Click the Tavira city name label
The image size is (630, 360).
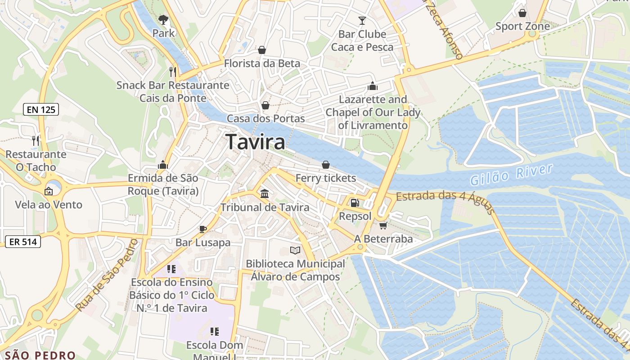[x=255, y=142]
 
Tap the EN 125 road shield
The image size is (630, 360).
[x=41, y=109]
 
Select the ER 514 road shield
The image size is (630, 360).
[x=23, y=242]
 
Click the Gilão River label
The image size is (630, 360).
[x=511, y=175]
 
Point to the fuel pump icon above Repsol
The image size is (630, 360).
[x=355, y=203]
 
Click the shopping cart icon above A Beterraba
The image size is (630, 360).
[x=383, y=225]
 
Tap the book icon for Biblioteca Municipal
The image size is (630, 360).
[x=295, y=250]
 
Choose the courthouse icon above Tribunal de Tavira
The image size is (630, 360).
[x=265, y=193]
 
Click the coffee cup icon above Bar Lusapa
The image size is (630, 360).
[x=203, y=229]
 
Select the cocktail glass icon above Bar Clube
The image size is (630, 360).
[x=362, y=20]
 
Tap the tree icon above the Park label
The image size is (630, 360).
[x=163, y=19]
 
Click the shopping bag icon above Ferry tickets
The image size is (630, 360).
[x=325, y=165]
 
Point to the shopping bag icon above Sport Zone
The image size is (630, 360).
[x=522, y=13]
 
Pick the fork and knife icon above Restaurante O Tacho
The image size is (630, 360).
[x=36, y=141]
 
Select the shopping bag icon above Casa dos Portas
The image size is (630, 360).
[x=265, y=105]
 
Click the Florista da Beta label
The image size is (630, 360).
[x=261, y=63]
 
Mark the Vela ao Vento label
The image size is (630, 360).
[x=49, y=205]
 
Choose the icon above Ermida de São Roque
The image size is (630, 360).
[x=163, y=165]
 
